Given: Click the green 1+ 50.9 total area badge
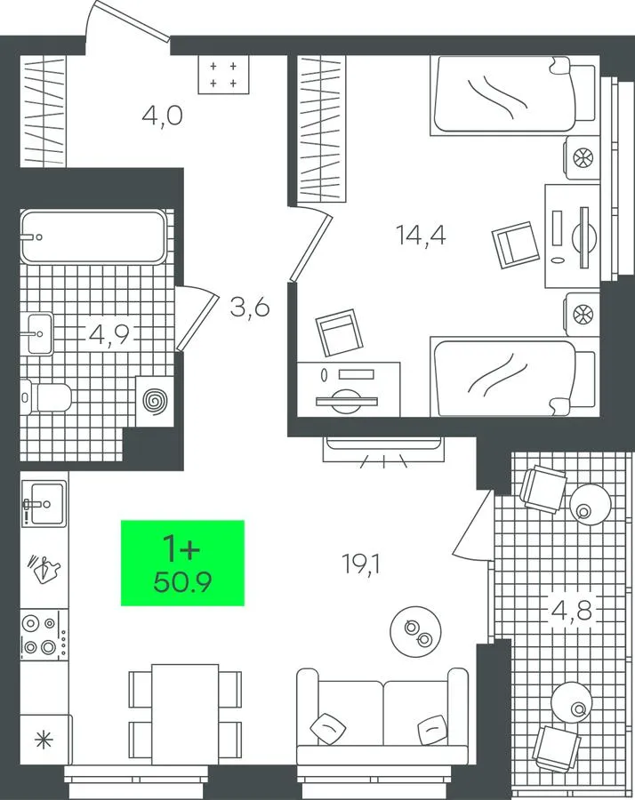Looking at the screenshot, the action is point(182,563).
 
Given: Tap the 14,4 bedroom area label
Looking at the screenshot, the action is point(421,236).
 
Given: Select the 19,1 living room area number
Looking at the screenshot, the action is point(362,564).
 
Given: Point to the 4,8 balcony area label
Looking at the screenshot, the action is point(571,610).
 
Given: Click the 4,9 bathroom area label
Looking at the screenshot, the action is point(109,334).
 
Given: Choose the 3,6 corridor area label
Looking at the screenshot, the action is point(250,308).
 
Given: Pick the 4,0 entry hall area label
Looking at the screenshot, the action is point(162,116).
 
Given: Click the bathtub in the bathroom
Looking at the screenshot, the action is point(93,236).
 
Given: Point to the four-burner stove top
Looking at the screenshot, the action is point(44,636).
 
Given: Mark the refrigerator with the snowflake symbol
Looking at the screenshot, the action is point(45,740).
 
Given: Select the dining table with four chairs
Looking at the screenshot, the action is point(185,715).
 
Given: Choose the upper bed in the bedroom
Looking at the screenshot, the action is point(512,95).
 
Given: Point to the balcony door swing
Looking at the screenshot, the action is point(473,524).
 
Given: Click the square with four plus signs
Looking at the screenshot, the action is point(223,75).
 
